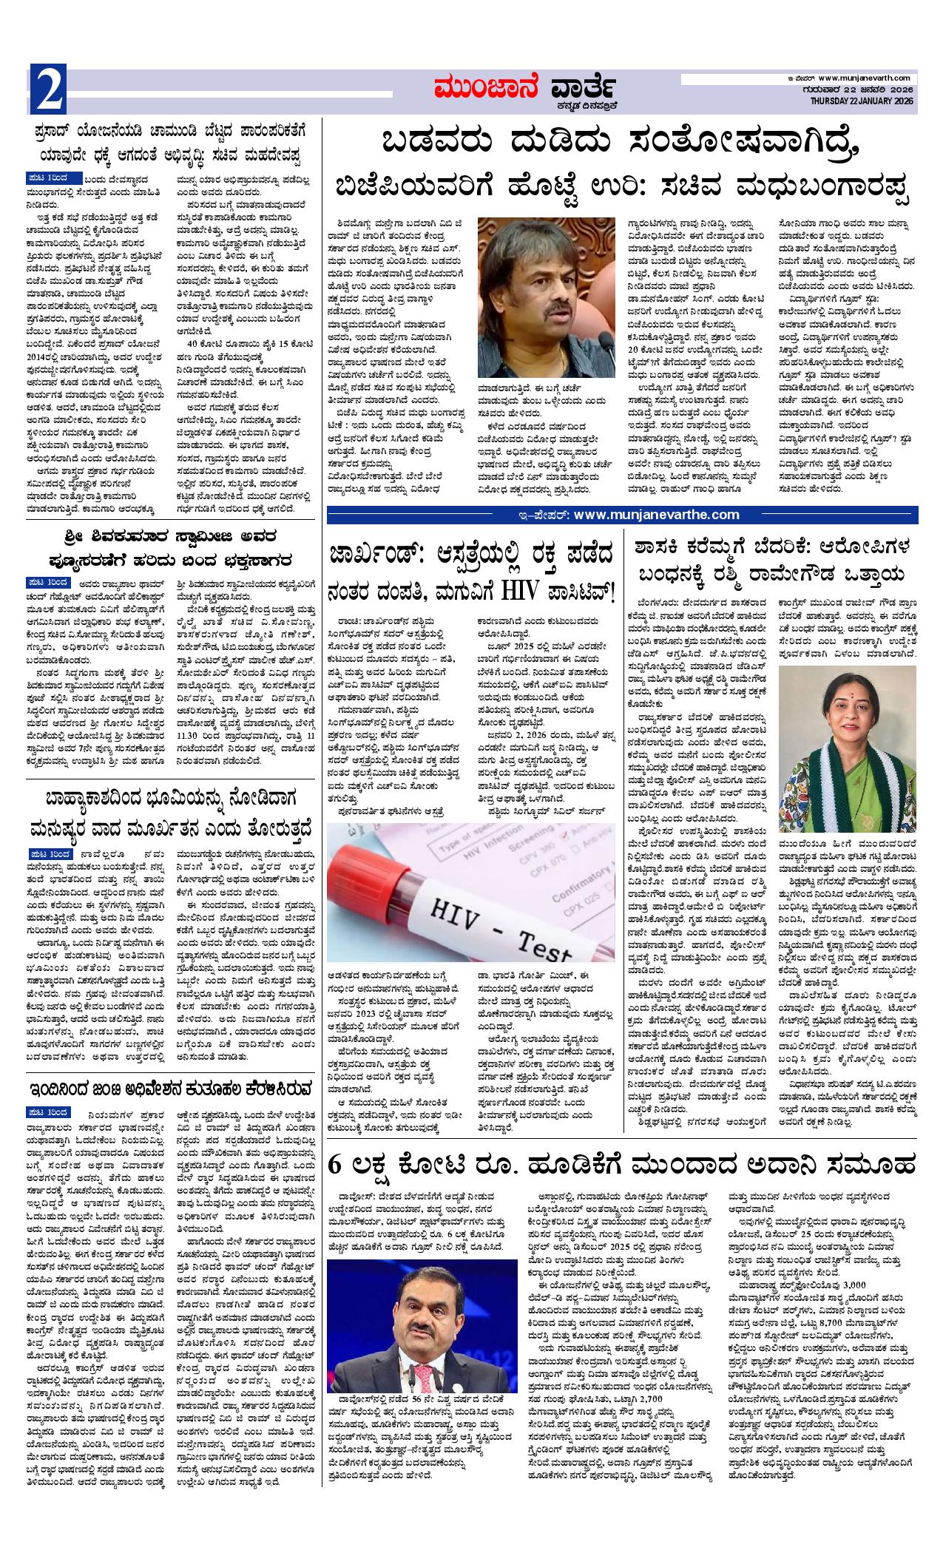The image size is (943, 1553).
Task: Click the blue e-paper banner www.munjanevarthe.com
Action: point(622,515)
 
